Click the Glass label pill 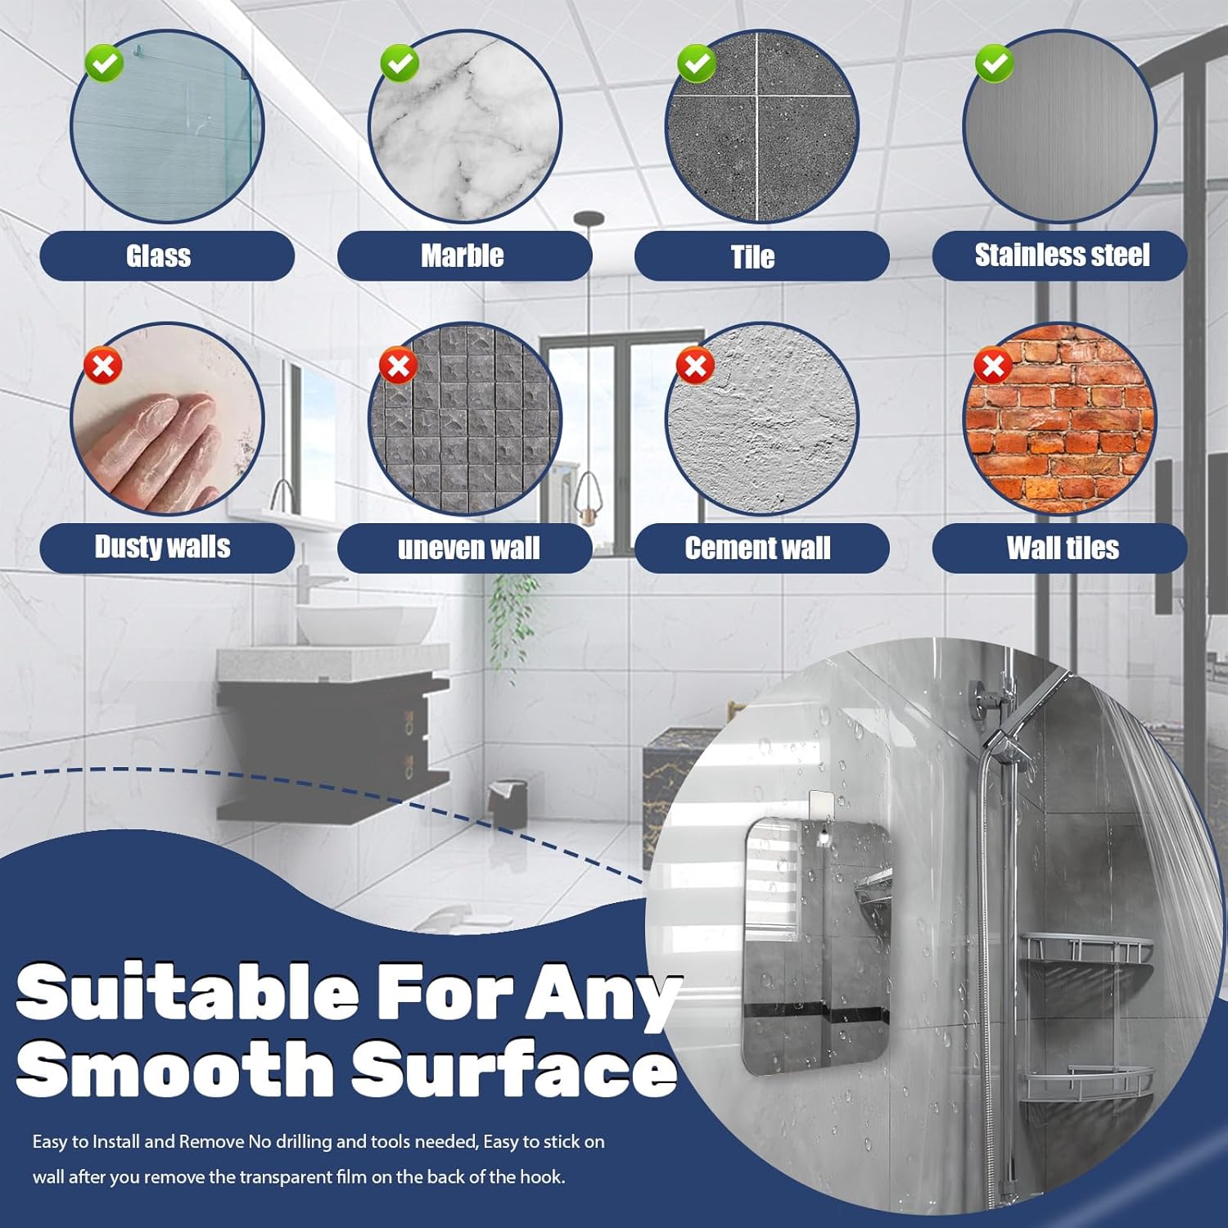(167, 256)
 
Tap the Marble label (464, 256)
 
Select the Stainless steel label (1059, 256)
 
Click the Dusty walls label (167, 548)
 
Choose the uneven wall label (464, 548)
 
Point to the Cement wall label (761, 548)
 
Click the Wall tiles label (1059, 548)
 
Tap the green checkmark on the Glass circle (104, 63)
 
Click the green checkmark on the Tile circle (697, 63)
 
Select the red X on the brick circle (993, 365)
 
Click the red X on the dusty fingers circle (103, 365)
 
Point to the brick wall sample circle (1059, 419)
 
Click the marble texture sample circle (465, 126)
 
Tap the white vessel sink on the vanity (364, 624)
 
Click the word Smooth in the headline (174, 1069)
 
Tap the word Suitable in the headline (187, 991)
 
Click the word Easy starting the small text (52, 1142)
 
